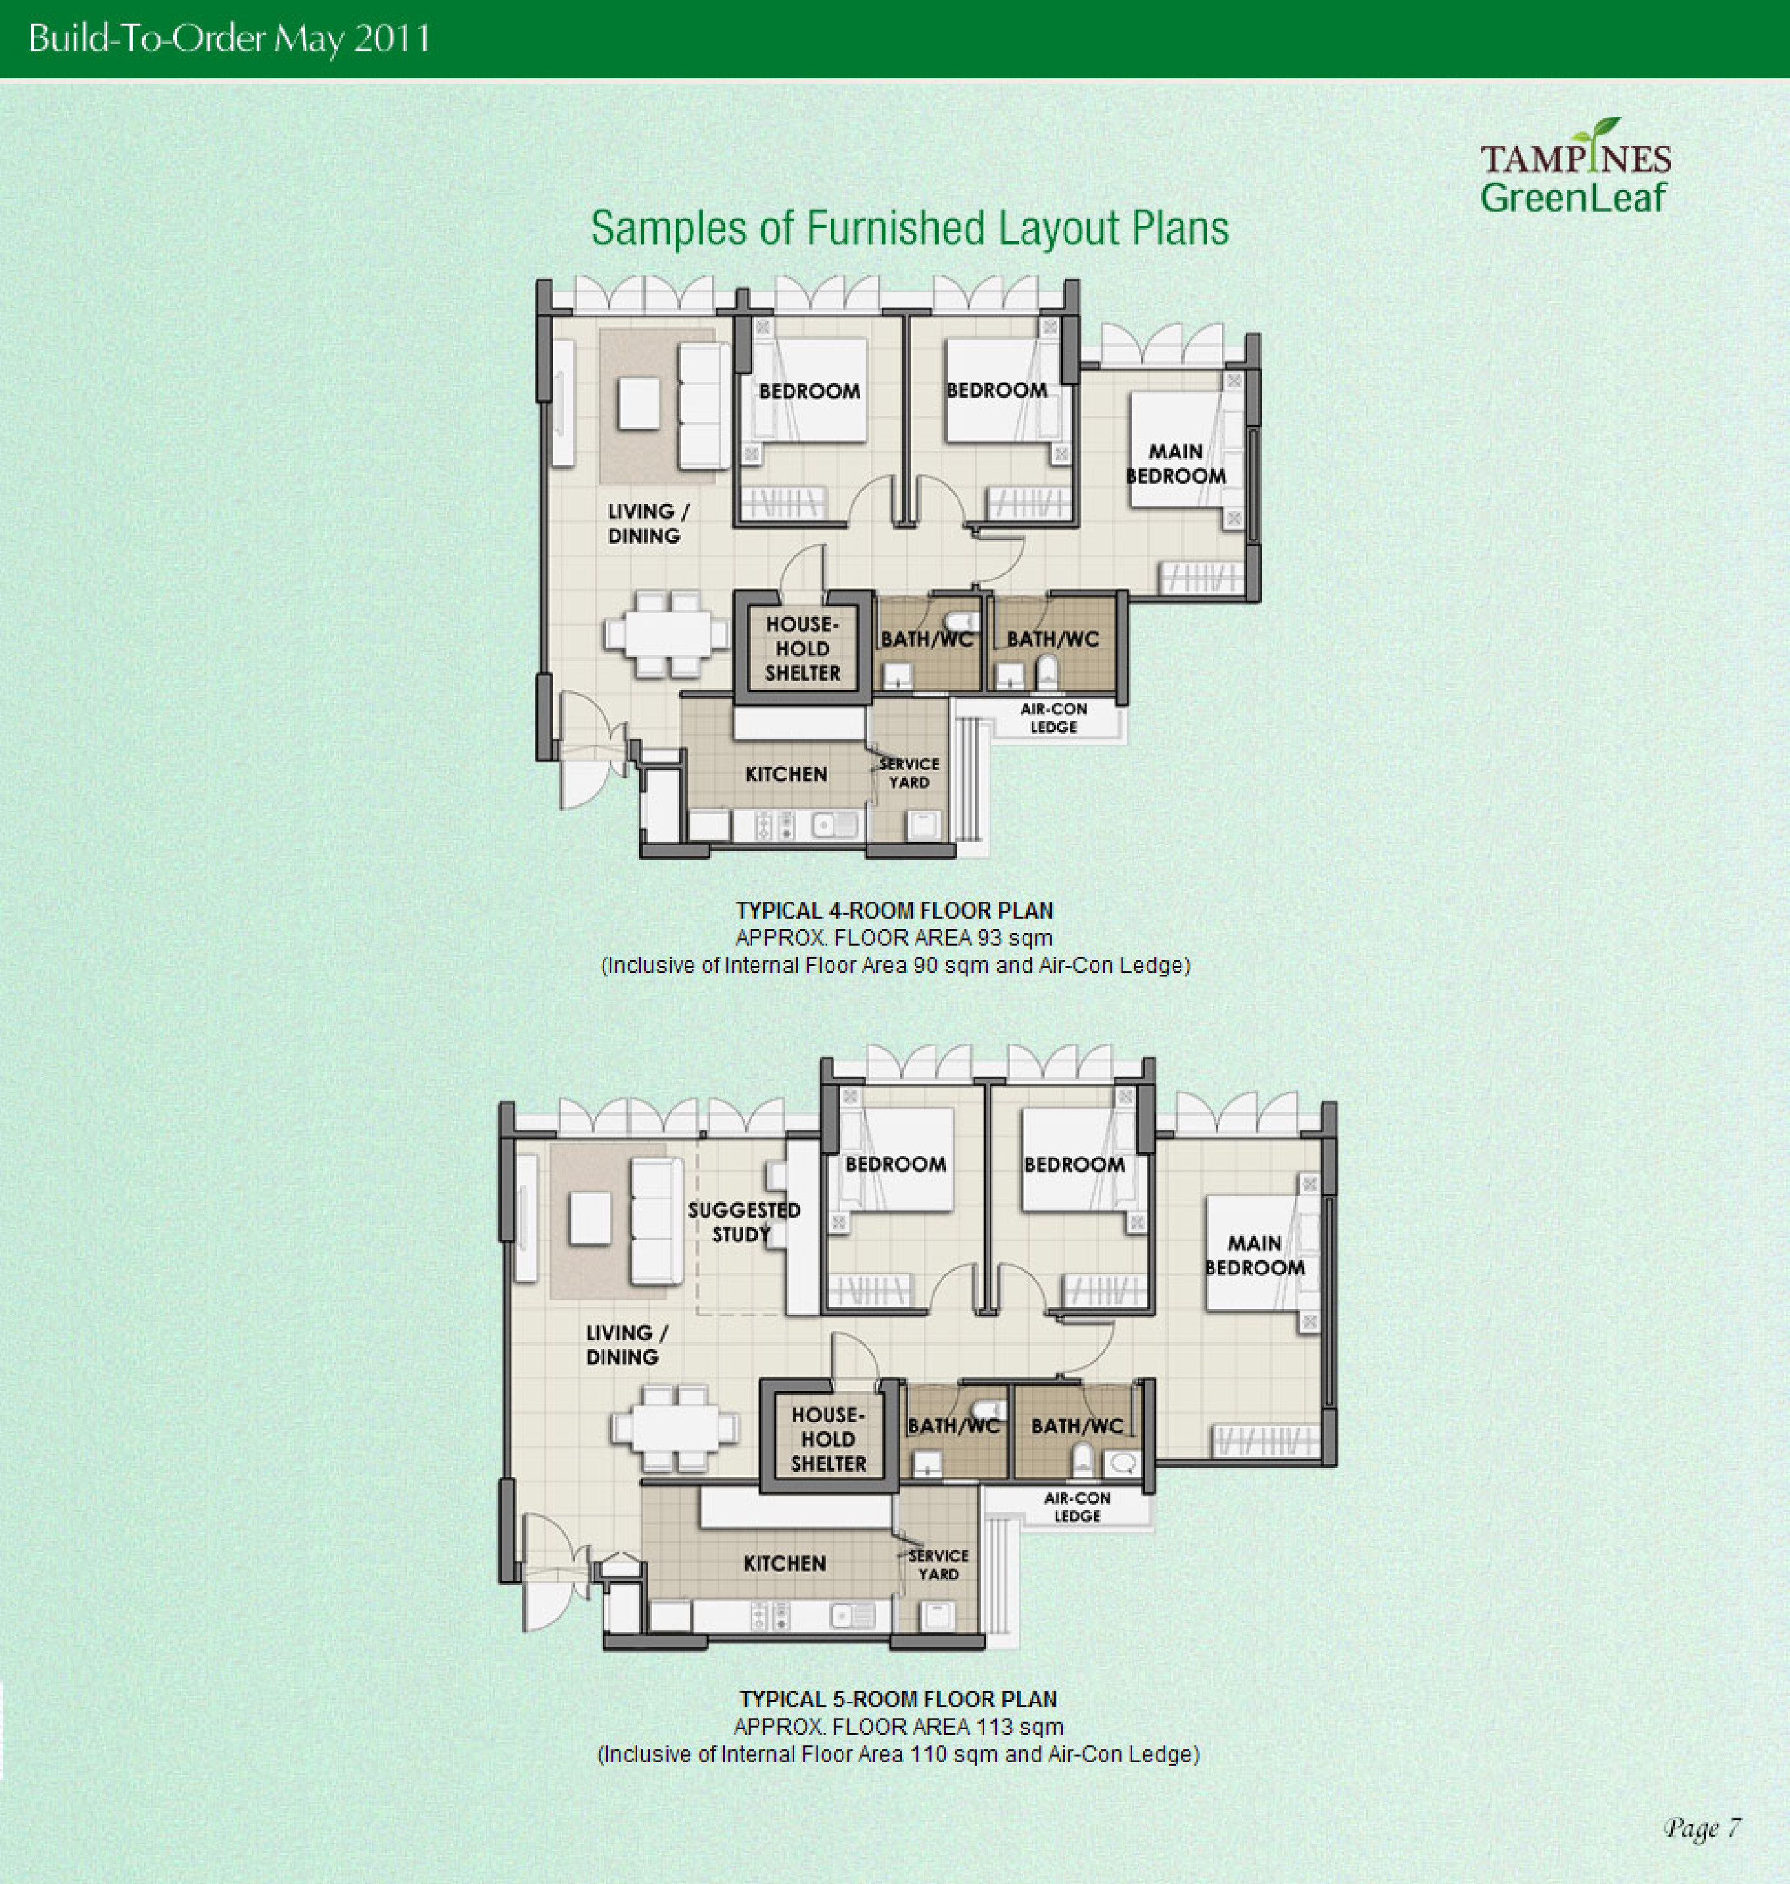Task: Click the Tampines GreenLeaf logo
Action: pos(1575,167)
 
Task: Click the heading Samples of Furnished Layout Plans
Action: pos(909,229)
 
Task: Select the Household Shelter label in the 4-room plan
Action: pos(803,649)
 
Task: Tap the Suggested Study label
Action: pos(743,1222)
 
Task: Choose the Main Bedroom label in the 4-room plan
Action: pos(1175,463)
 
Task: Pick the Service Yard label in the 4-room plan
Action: pos(909,773)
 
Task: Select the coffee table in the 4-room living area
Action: pos(638,403)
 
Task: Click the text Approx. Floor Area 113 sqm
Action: pos(898,1726)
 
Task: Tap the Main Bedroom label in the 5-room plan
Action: pos(1255,1255)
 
